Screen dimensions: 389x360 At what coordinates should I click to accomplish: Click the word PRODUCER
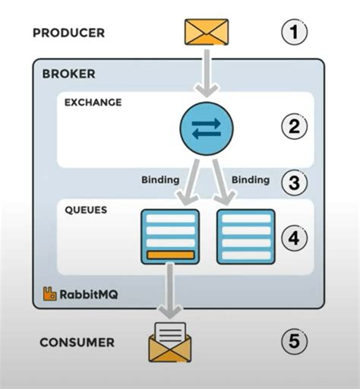(x=68, y=33)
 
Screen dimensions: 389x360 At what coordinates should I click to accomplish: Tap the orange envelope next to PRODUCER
(x=207, y=32)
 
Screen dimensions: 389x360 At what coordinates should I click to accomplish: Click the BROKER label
(x=69, y=74)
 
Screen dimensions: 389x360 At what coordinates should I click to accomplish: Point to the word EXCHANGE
(x=93, y=102)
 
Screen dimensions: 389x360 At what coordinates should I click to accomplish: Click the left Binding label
(x=160, y=180)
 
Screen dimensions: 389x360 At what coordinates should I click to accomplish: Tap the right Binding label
(x=250, y=180)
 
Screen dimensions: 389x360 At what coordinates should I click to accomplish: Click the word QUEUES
(x=87, y=208)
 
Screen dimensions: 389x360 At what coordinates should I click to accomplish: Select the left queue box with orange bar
(x=170, y=236)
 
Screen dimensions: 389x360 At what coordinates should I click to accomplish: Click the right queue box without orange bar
(x=245, y=236)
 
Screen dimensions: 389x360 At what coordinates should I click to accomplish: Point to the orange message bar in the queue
(x=170, y=255)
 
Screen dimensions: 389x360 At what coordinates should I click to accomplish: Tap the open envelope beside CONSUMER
(x=169, y=341)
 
